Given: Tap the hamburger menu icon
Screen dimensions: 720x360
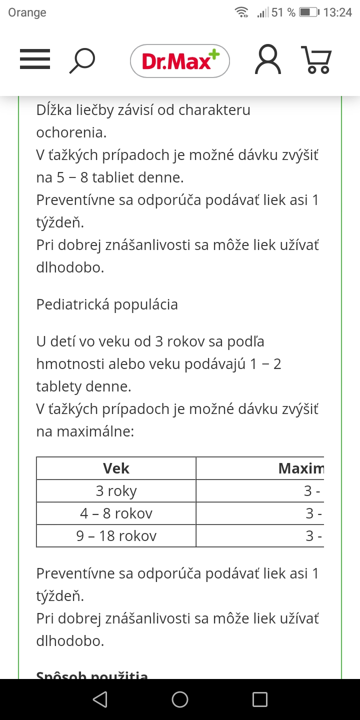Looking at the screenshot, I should [x=35, y=59].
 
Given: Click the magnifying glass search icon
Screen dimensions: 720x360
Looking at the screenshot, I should [x=82, y=60].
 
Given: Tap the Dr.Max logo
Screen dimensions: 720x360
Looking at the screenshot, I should [x=180, y=61].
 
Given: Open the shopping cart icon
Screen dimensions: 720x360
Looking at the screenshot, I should [x=316, y=60].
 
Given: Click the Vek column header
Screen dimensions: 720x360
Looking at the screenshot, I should [x=116, y=468].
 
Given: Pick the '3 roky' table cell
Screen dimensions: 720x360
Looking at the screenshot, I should [x=116, y=491].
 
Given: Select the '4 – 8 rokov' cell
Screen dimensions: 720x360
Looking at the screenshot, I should [x=116, y=513].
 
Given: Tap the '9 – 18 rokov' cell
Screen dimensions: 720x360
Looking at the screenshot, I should [x=116, y=536].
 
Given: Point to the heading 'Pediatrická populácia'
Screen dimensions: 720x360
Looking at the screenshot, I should [x=107, y=304].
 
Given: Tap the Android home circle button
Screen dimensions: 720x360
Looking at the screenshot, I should [x=180, y=699].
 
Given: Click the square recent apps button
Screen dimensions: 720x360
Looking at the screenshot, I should [x=260, y=699].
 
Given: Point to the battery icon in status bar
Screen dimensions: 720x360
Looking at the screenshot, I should [x=309, y=12].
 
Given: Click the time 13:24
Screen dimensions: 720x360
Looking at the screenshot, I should [x=337, y=12].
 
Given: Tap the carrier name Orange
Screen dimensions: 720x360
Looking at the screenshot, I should [x=27, y=12].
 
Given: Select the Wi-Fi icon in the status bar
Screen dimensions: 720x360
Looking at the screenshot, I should [x=242, y=12].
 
